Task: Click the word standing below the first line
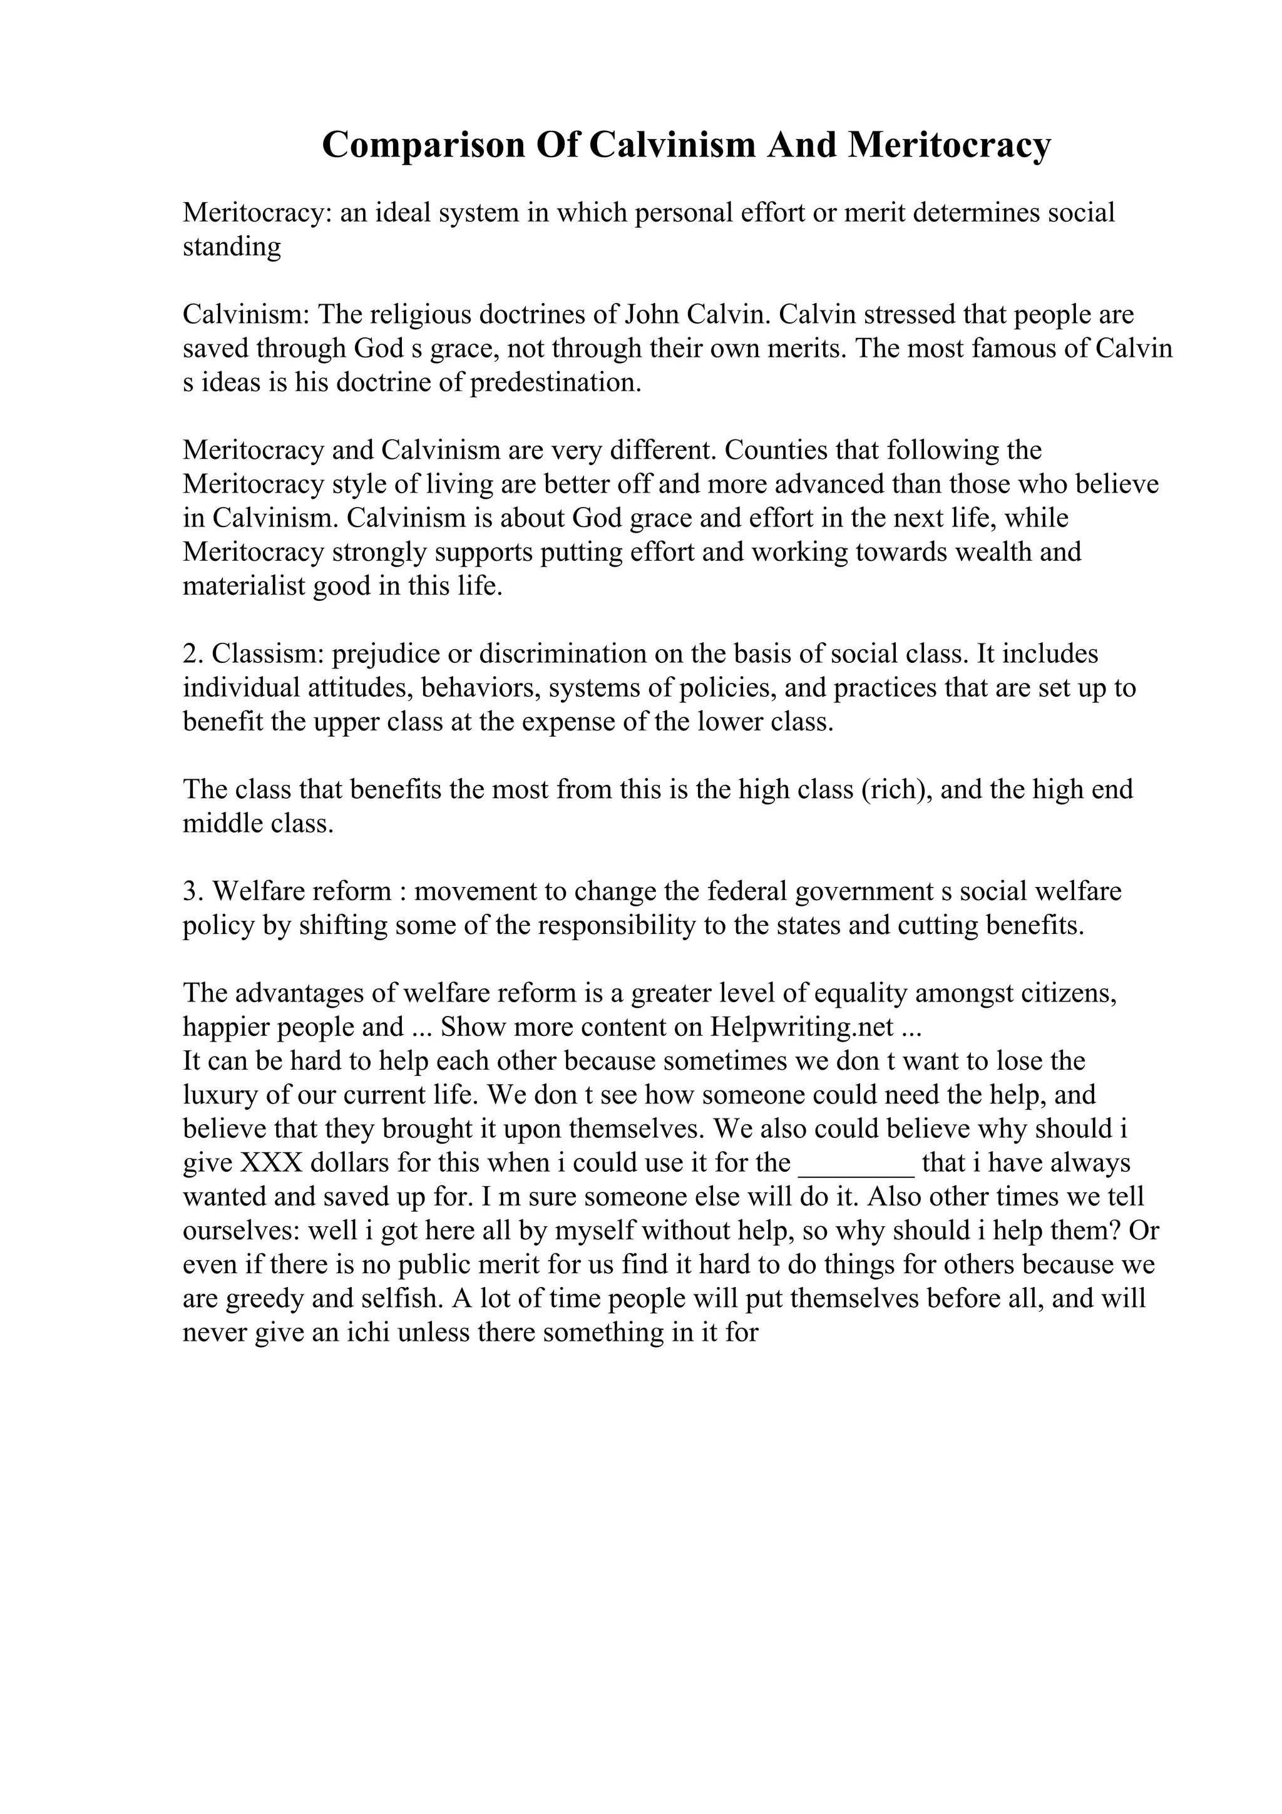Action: [232, 247]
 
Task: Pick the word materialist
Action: [244, 587]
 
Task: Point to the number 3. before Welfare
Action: [193, 891]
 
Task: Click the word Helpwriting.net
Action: [802, 1027]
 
